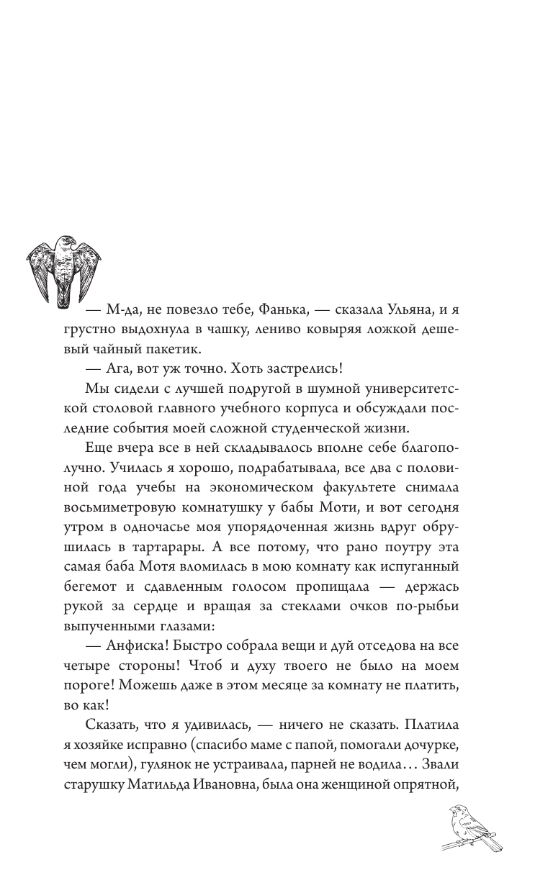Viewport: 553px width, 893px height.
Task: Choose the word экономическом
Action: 264,488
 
